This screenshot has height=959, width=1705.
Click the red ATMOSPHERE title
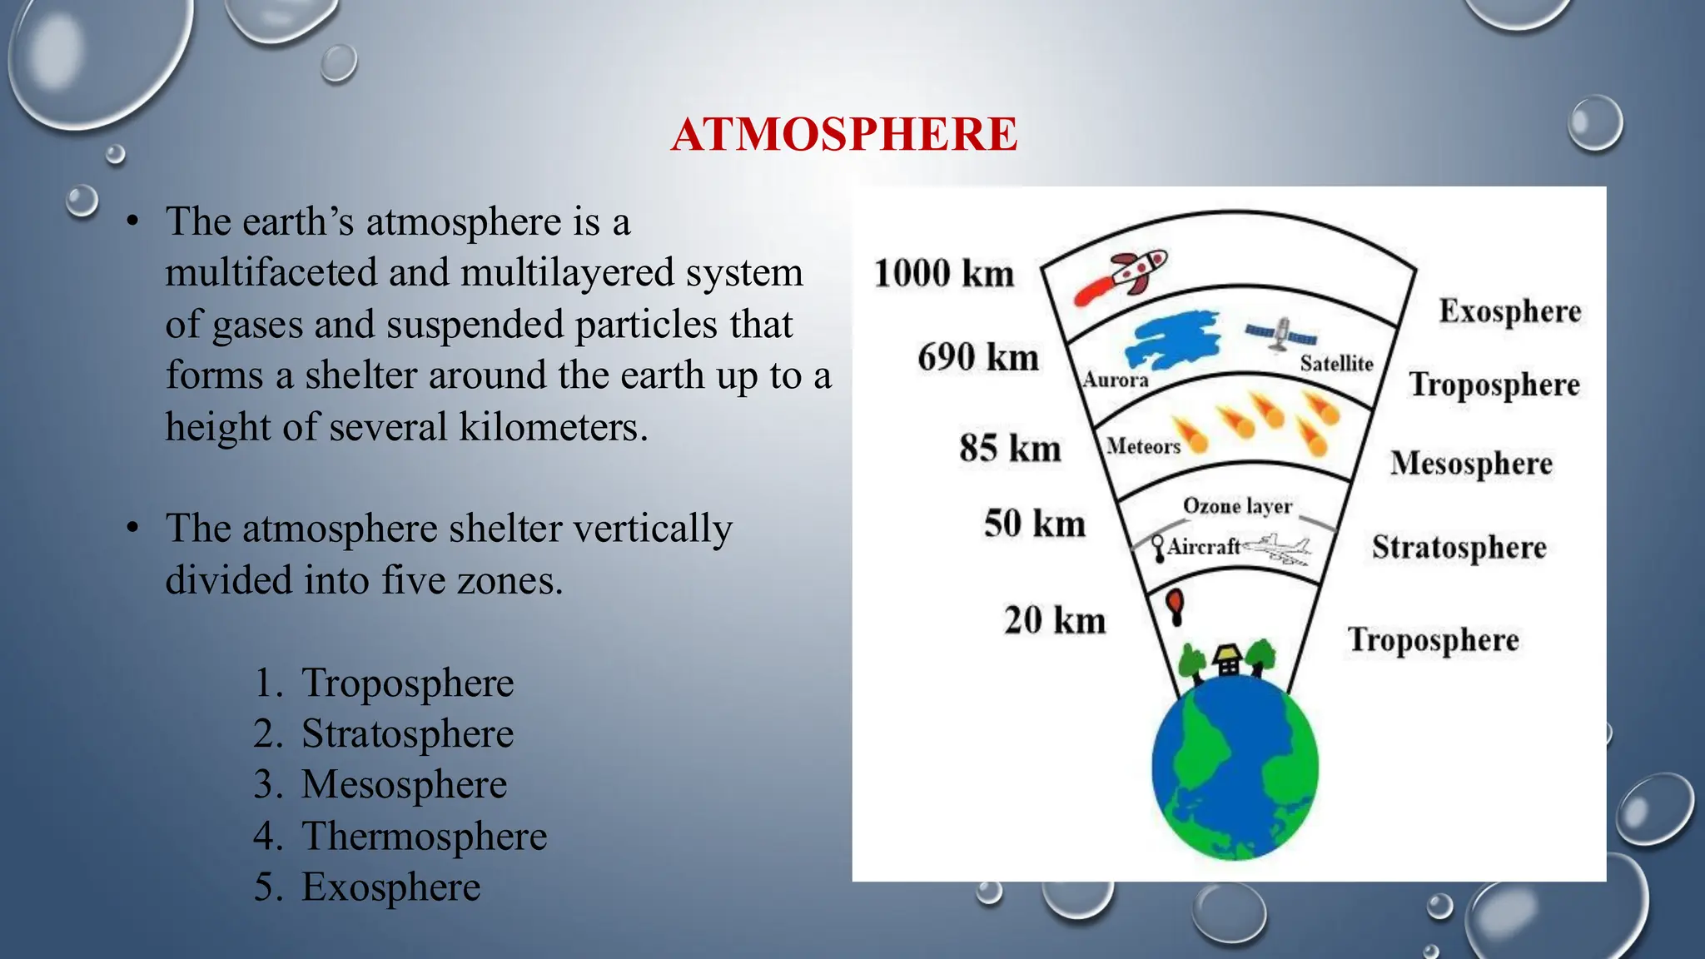[843, 134]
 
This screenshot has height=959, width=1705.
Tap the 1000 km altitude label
[943, 273]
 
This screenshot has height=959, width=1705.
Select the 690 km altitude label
[978, 357]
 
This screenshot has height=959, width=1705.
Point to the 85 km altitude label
[1010, 448]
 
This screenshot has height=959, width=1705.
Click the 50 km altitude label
[1035, 524]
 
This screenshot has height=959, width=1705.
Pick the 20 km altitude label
[1055, 620]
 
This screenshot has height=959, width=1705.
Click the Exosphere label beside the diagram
[1509, 311]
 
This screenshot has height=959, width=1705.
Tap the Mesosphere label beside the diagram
[1471, 464]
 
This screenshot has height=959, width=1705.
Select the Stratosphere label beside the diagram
[1459, 548]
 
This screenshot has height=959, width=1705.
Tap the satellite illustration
[1281, 335]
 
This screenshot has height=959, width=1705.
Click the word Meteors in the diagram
[1143, 447]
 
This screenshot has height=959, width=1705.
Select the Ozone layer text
[1237, 506]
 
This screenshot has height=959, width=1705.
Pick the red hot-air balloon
[1175, 604]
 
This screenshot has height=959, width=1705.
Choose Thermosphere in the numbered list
[424, 836]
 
